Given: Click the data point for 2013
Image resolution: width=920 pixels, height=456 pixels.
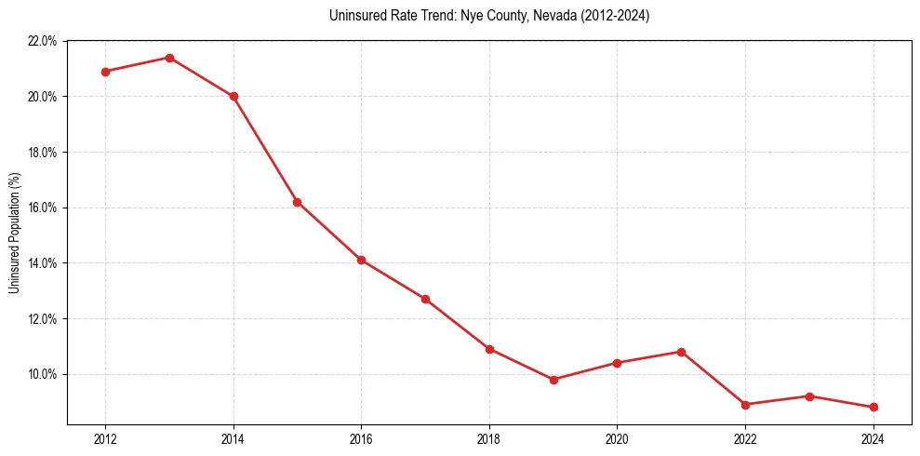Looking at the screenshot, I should coord(169,58).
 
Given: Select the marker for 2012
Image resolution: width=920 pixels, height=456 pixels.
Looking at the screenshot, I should coord(105,72).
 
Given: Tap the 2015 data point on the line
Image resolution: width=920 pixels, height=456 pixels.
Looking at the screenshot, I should coord(297,202).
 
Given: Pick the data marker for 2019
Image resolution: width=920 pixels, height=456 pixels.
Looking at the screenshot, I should coord(553,380).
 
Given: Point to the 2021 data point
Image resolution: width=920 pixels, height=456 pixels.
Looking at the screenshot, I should coord(681,352).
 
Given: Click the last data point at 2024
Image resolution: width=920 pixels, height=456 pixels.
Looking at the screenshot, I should coord(873,408).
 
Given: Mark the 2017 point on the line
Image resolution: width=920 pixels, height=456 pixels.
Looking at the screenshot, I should coord(425,299).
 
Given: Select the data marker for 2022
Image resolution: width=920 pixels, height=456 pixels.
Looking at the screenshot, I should coord(745,405).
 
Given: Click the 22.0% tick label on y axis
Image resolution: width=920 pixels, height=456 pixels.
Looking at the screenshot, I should coord(43,41).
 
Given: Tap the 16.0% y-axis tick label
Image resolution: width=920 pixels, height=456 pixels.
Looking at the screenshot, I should coord(43,208).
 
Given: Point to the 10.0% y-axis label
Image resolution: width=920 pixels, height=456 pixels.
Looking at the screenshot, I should coord(43,374).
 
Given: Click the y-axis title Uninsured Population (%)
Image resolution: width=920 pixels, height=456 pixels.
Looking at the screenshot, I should coord(14,233).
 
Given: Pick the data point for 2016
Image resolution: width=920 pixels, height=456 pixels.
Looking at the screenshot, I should coord(361,260).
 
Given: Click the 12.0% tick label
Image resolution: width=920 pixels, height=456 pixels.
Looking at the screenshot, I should coord(43,318).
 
